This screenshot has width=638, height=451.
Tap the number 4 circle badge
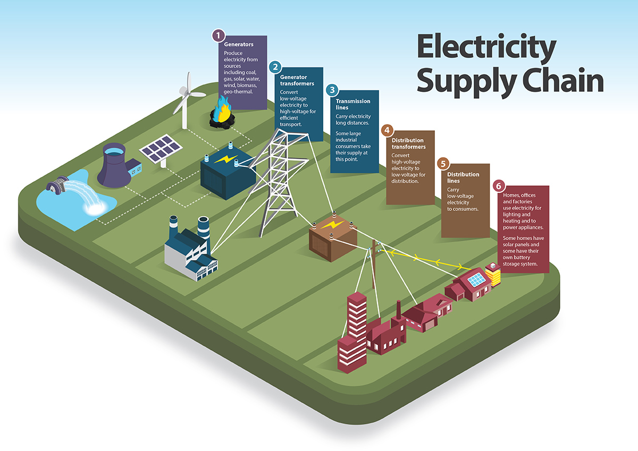[x=387, y=130]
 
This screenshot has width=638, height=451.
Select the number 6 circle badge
[x=498, y=186]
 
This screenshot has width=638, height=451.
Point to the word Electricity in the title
[x=486, y=47]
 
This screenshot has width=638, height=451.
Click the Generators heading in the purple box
[x=239, y=44]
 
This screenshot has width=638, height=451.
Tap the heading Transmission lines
[x=353, y=104]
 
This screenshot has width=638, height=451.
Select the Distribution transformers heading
[x=408, y=143]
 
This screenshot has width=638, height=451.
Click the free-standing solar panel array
[x=160, y=149]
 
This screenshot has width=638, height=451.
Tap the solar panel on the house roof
[x=475, y=279]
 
